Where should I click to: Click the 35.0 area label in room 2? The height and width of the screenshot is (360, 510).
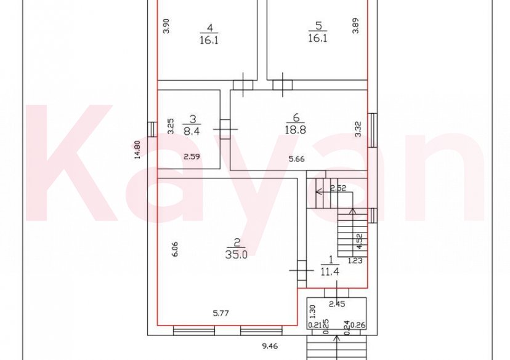237,254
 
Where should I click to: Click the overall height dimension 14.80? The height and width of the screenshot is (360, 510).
138,150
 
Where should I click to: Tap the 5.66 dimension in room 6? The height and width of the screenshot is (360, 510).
297,159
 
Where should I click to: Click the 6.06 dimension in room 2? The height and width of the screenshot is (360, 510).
175,249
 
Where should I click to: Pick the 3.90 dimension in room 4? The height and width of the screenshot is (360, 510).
165,26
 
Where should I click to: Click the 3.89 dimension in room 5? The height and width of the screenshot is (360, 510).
355,26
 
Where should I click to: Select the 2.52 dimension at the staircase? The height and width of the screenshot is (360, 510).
337,188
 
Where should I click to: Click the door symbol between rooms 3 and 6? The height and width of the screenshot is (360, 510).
224,129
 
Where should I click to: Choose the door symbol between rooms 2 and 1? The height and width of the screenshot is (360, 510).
301,268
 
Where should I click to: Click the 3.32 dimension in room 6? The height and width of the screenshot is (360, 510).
358,129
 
